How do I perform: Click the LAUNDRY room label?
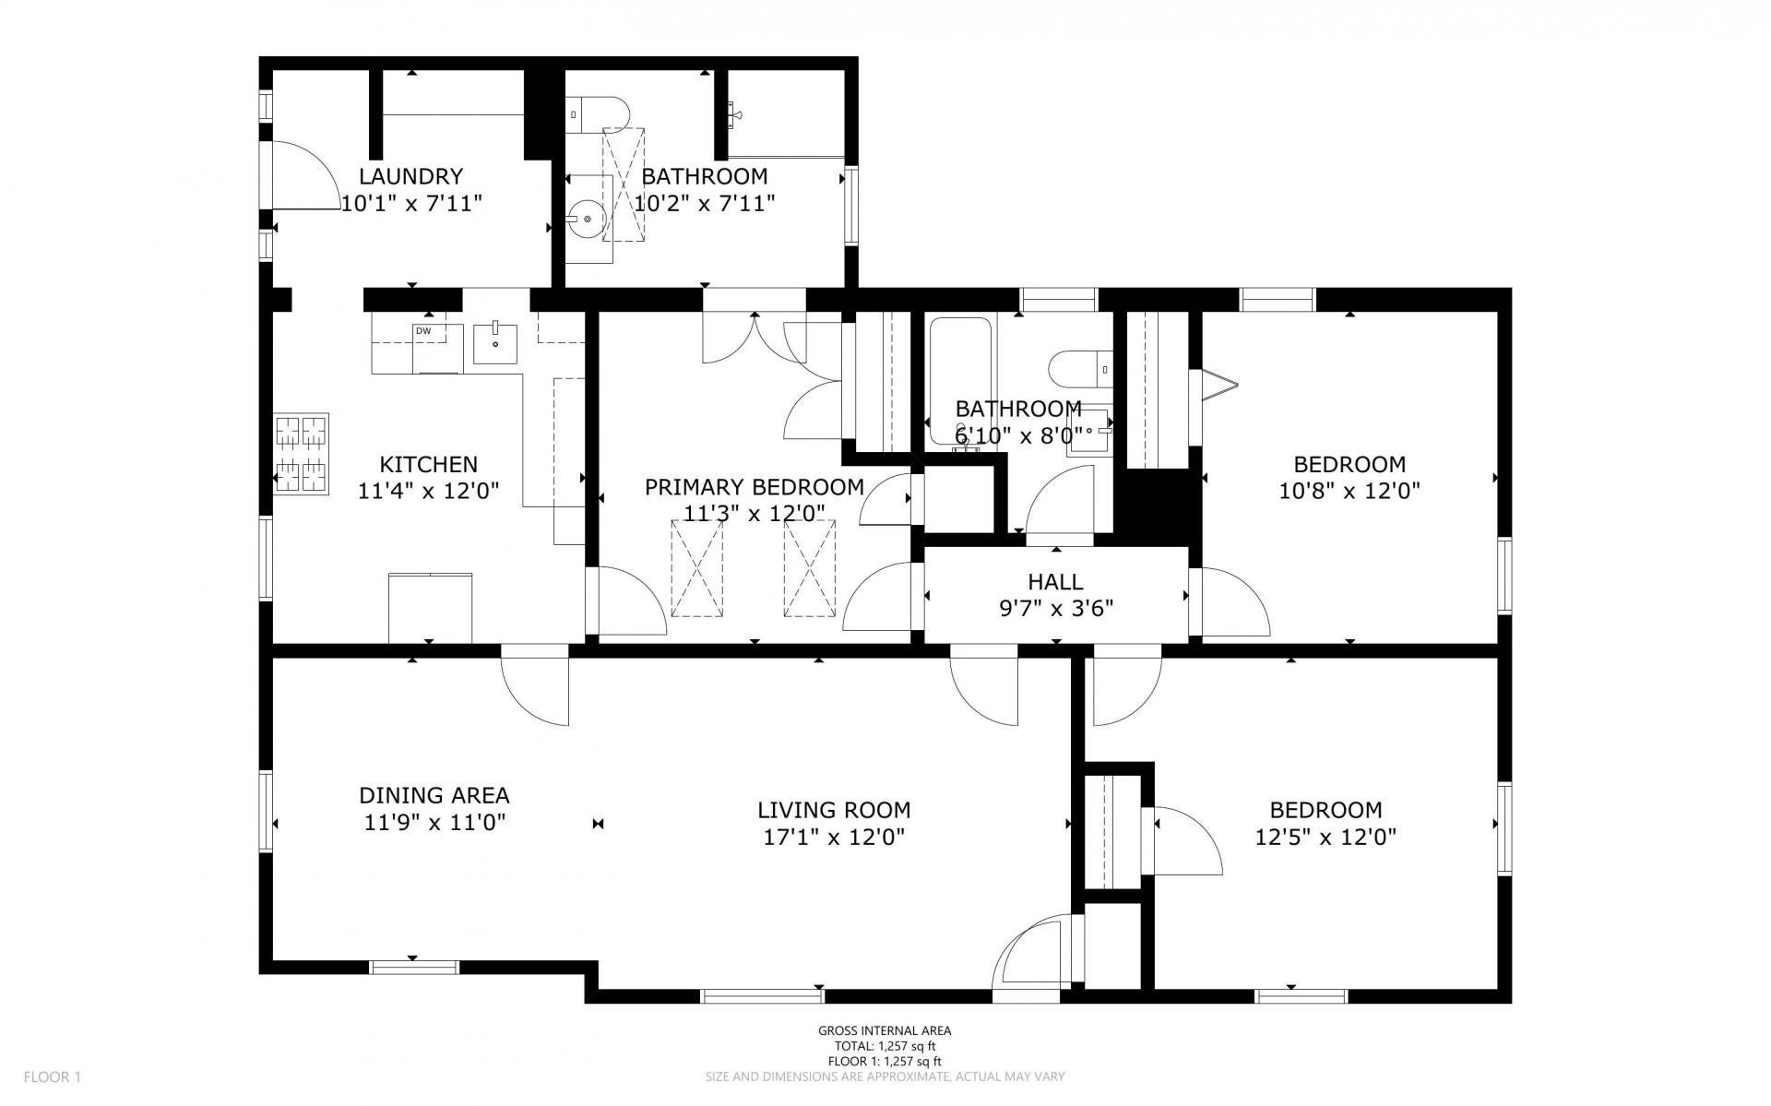point(410,176)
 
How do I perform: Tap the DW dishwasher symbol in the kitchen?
point(423,331)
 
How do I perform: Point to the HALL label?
point(1055,582)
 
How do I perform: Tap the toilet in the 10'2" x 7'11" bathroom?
point(596,114)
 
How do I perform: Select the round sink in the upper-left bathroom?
point(588,220)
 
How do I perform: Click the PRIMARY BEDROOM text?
point(754,487)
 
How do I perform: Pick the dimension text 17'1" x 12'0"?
point(833,838)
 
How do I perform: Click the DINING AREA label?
point(434,795)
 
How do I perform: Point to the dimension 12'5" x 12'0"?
point(1325,838)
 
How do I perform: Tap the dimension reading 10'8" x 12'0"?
point(1349,491)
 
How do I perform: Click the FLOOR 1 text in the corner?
point(53,1076)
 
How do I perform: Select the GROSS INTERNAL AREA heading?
point(885,1031)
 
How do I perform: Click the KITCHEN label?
point(429,464)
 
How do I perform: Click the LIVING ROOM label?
point(834,810)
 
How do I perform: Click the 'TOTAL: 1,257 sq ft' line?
point(885,1046)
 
